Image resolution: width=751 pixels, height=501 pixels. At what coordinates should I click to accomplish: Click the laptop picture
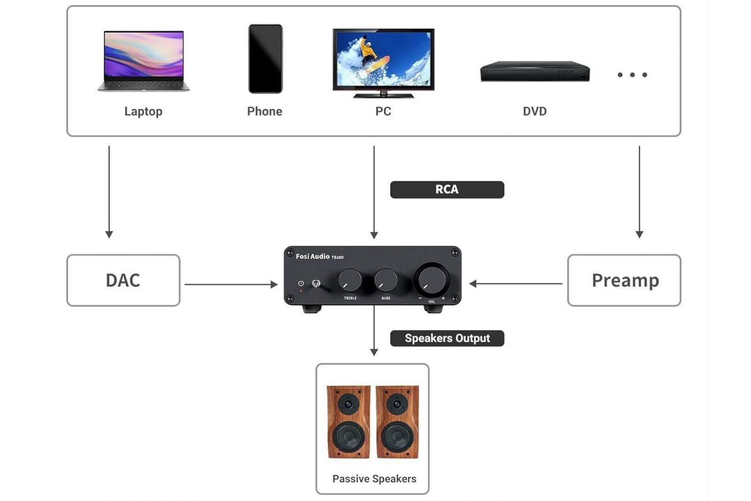tap(144, 60)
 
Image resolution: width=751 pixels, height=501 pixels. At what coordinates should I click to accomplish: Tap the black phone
tap(265, 59)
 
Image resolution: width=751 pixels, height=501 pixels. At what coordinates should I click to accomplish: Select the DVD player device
tap(535, 71)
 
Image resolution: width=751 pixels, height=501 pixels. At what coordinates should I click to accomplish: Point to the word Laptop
tap(143, 111)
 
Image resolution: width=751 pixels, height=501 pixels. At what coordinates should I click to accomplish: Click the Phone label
tap(265, 111)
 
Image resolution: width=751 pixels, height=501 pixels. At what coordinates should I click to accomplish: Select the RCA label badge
tap(447, 190)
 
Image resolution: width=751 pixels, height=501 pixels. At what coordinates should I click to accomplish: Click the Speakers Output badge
tap(447, 339)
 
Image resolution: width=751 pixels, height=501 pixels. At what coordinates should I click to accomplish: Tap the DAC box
tap(123, 280)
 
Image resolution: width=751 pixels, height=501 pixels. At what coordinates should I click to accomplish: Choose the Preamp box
tap(624, 280)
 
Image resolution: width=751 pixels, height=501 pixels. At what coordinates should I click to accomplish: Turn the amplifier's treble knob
tap(350, 280)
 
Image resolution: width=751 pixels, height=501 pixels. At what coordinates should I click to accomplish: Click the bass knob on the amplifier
tap(386, 280)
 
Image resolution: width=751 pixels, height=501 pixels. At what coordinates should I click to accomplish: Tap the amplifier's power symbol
tap(301, 284)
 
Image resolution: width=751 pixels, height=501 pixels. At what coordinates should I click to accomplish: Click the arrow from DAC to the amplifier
tap(230, 284)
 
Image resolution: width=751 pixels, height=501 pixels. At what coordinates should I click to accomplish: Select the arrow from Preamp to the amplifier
tap(516, 284)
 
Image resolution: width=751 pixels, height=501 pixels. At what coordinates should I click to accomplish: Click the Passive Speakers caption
tap(374, 479)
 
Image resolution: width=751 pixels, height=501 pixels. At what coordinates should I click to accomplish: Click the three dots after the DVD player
tap(632, 75)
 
